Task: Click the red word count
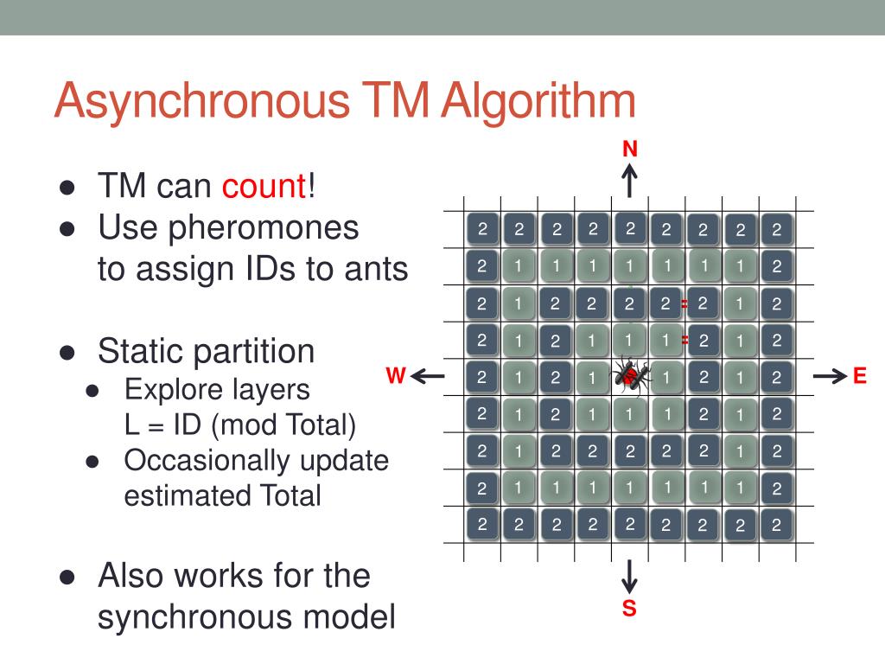click(264, 186)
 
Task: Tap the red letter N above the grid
click(630, 149)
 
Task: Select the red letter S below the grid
click(629, 609)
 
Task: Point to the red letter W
click(395, 376)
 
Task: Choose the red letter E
click(859, 376)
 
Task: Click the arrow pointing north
click(630, 181)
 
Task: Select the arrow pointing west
click(427, 376)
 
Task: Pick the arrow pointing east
click(830, 376)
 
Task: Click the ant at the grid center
click(630, 375)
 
